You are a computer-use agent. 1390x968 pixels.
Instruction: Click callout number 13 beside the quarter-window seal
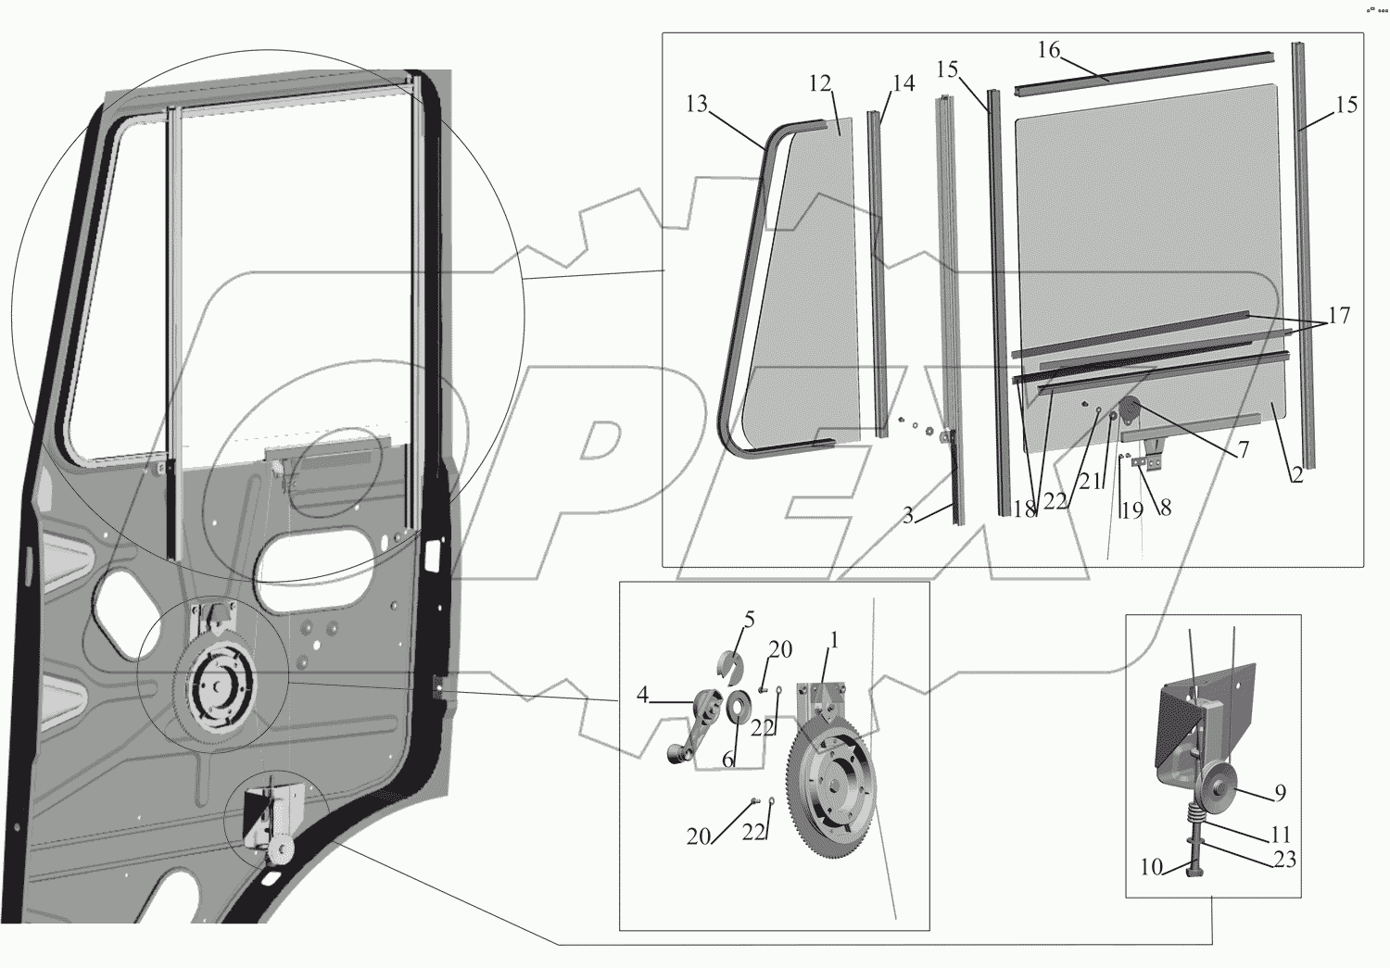click(x=697, y=104)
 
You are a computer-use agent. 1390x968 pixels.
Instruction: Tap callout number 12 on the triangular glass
click(x=820, y=83)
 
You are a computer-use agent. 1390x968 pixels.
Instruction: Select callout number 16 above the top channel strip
click(x=1049, y=50)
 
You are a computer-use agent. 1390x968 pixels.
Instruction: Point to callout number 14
click(x=904, y=83)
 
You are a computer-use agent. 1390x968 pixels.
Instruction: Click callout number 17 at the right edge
click(x=1339, y=316)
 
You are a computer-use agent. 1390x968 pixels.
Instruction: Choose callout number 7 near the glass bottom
click(x=1243, y=449)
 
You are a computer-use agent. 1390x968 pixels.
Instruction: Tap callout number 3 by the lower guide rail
click(x=908, y=515)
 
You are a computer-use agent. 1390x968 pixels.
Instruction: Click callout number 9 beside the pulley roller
click(x=1280, y=793)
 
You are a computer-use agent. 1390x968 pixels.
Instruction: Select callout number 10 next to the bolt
click(x=1151, y=866)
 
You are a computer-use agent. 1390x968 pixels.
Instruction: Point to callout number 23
click(x=1285, y=860)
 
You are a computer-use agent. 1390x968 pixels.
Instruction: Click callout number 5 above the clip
click(x=749, y=620)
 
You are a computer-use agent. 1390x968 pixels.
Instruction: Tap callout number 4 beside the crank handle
click(x=642, y=695)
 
